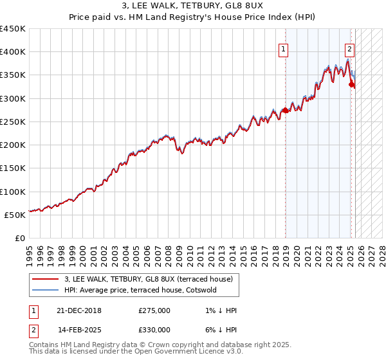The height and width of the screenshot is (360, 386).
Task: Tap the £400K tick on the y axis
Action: pyautogui.click(x=12, y=52)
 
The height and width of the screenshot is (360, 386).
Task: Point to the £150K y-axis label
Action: pyautogui.click(x=12, y=168)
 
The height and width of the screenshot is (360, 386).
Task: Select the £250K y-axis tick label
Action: pyautogui.click(x=12, y=122)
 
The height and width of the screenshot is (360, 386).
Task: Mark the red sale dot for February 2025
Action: pyautogui.click(x=351, y=84)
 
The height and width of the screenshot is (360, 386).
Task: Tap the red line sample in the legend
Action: pyautogui.click(x=46, y=279)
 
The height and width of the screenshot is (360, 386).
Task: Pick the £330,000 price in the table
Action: pyautogui.click(x=154, y=330)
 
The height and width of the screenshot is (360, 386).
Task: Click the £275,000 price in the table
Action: pyautogui.click(x=154, y=310)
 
